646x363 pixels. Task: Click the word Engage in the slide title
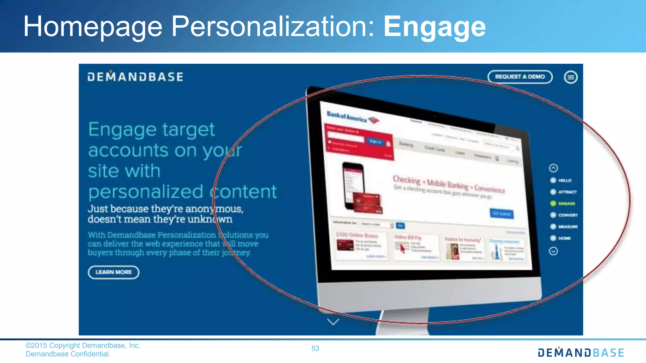click(x=434, y=27)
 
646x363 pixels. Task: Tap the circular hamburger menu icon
click(x=571, y=77)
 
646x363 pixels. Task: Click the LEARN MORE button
click(x=114, y=272)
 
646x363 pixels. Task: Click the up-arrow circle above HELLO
click(x=553, y=168)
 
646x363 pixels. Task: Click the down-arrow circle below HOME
click(x=553, y=251)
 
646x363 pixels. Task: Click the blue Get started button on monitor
click(x=501, y=214)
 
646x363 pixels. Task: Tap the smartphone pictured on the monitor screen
click(x=353, y=186)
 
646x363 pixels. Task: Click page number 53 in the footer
click(x=315, y=349)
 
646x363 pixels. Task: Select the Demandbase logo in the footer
click(x=581, y=352)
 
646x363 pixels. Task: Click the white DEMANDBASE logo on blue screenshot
click(x=135, y=77)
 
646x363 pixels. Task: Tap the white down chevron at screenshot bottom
click(x=333, y=322)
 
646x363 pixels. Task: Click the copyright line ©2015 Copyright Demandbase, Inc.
click(x=83, y=346)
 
